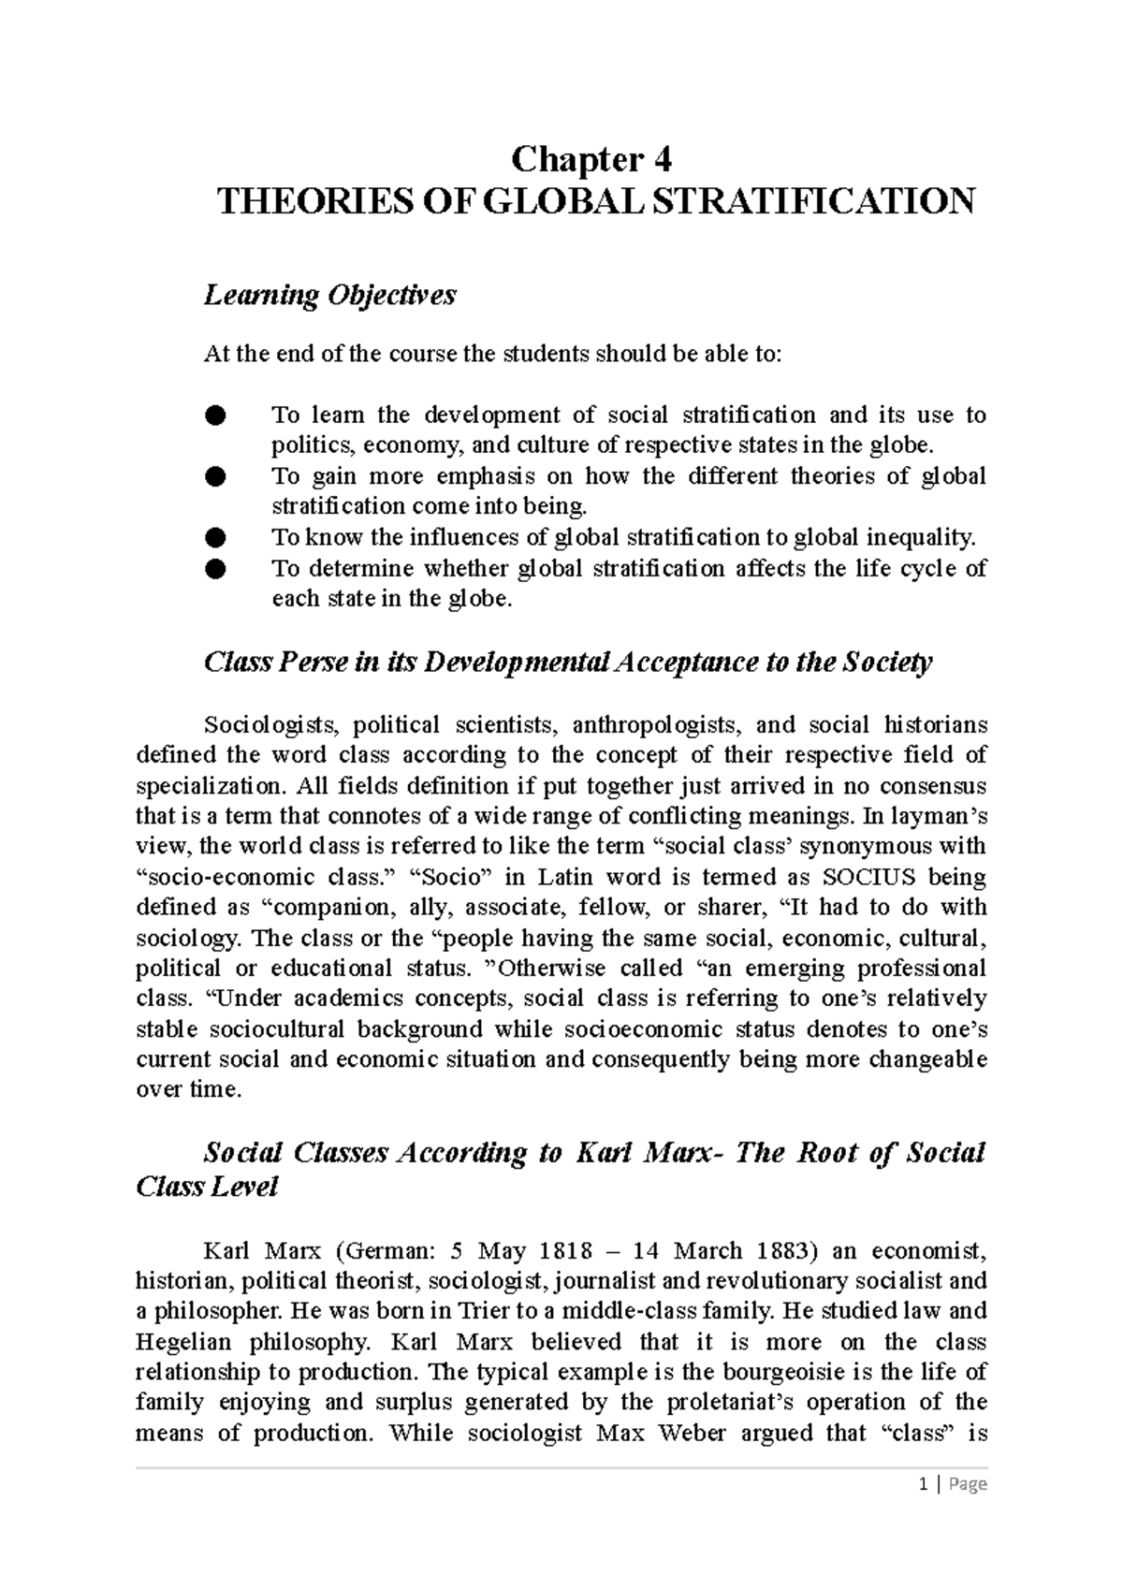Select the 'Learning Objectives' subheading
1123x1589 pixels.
[x=329, y=296]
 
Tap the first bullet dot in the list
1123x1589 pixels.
[x=215, y=415]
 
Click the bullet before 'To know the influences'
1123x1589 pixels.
[x=215, y=537]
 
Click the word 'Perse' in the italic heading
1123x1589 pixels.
[x=312, y=663]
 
